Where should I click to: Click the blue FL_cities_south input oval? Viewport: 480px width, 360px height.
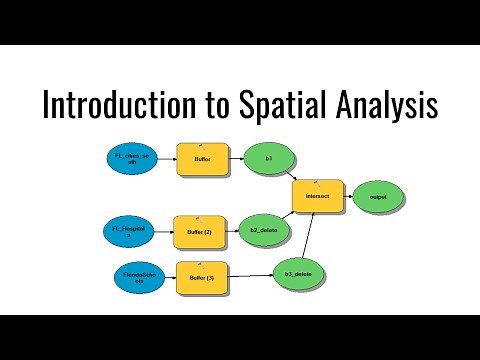(x=131, y=158)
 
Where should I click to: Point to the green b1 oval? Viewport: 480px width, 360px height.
(x=269, y=158)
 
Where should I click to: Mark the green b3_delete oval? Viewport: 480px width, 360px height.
(x=299, y=271)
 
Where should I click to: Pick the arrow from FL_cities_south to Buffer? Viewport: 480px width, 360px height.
(x=165, y=158)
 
